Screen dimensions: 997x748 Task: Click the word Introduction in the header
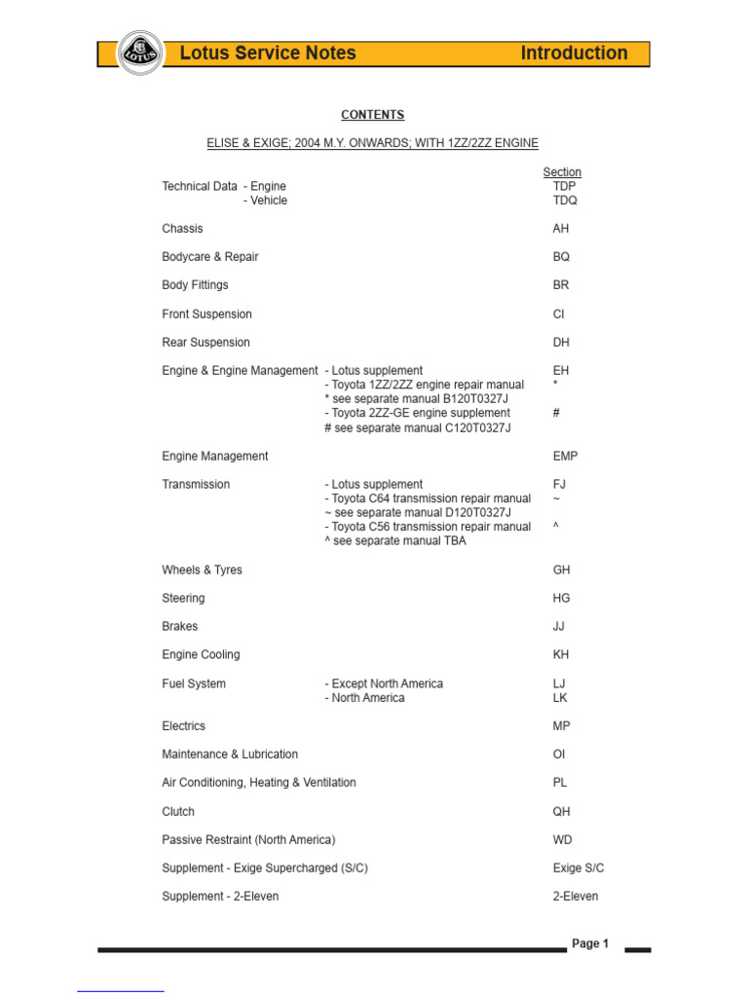tap(574, 54)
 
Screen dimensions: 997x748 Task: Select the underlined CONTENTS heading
tap(372, 115)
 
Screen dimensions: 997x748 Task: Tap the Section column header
tap(562, 172)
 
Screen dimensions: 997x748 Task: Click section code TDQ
tap(565, 201)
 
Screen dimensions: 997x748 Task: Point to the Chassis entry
tap(182, 229)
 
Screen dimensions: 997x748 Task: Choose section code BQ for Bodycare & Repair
tap(561, 257)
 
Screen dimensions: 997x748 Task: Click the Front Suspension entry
tap(206, 314)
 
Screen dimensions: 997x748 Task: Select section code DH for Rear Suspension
tap(561, 343)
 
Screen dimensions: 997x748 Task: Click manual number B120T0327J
tap(472, 399)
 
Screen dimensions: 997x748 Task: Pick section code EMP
tap(565, 456)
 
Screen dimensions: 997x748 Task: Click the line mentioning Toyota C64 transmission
tap(428, 498)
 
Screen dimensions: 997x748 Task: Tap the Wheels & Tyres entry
tap(202, 570)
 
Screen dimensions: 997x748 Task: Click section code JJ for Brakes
tap(559, 626)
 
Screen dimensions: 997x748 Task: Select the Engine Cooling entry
tap(201, 654)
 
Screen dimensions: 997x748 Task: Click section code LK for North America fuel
tap(560, 698)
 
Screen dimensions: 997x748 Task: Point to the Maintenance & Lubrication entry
tap(230, 754)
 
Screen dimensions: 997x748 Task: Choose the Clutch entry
tap(178, 811)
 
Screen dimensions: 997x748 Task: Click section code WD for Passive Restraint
tap(562, 839)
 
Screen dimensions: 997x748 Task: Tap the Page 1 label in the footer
tap(590, 943)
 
